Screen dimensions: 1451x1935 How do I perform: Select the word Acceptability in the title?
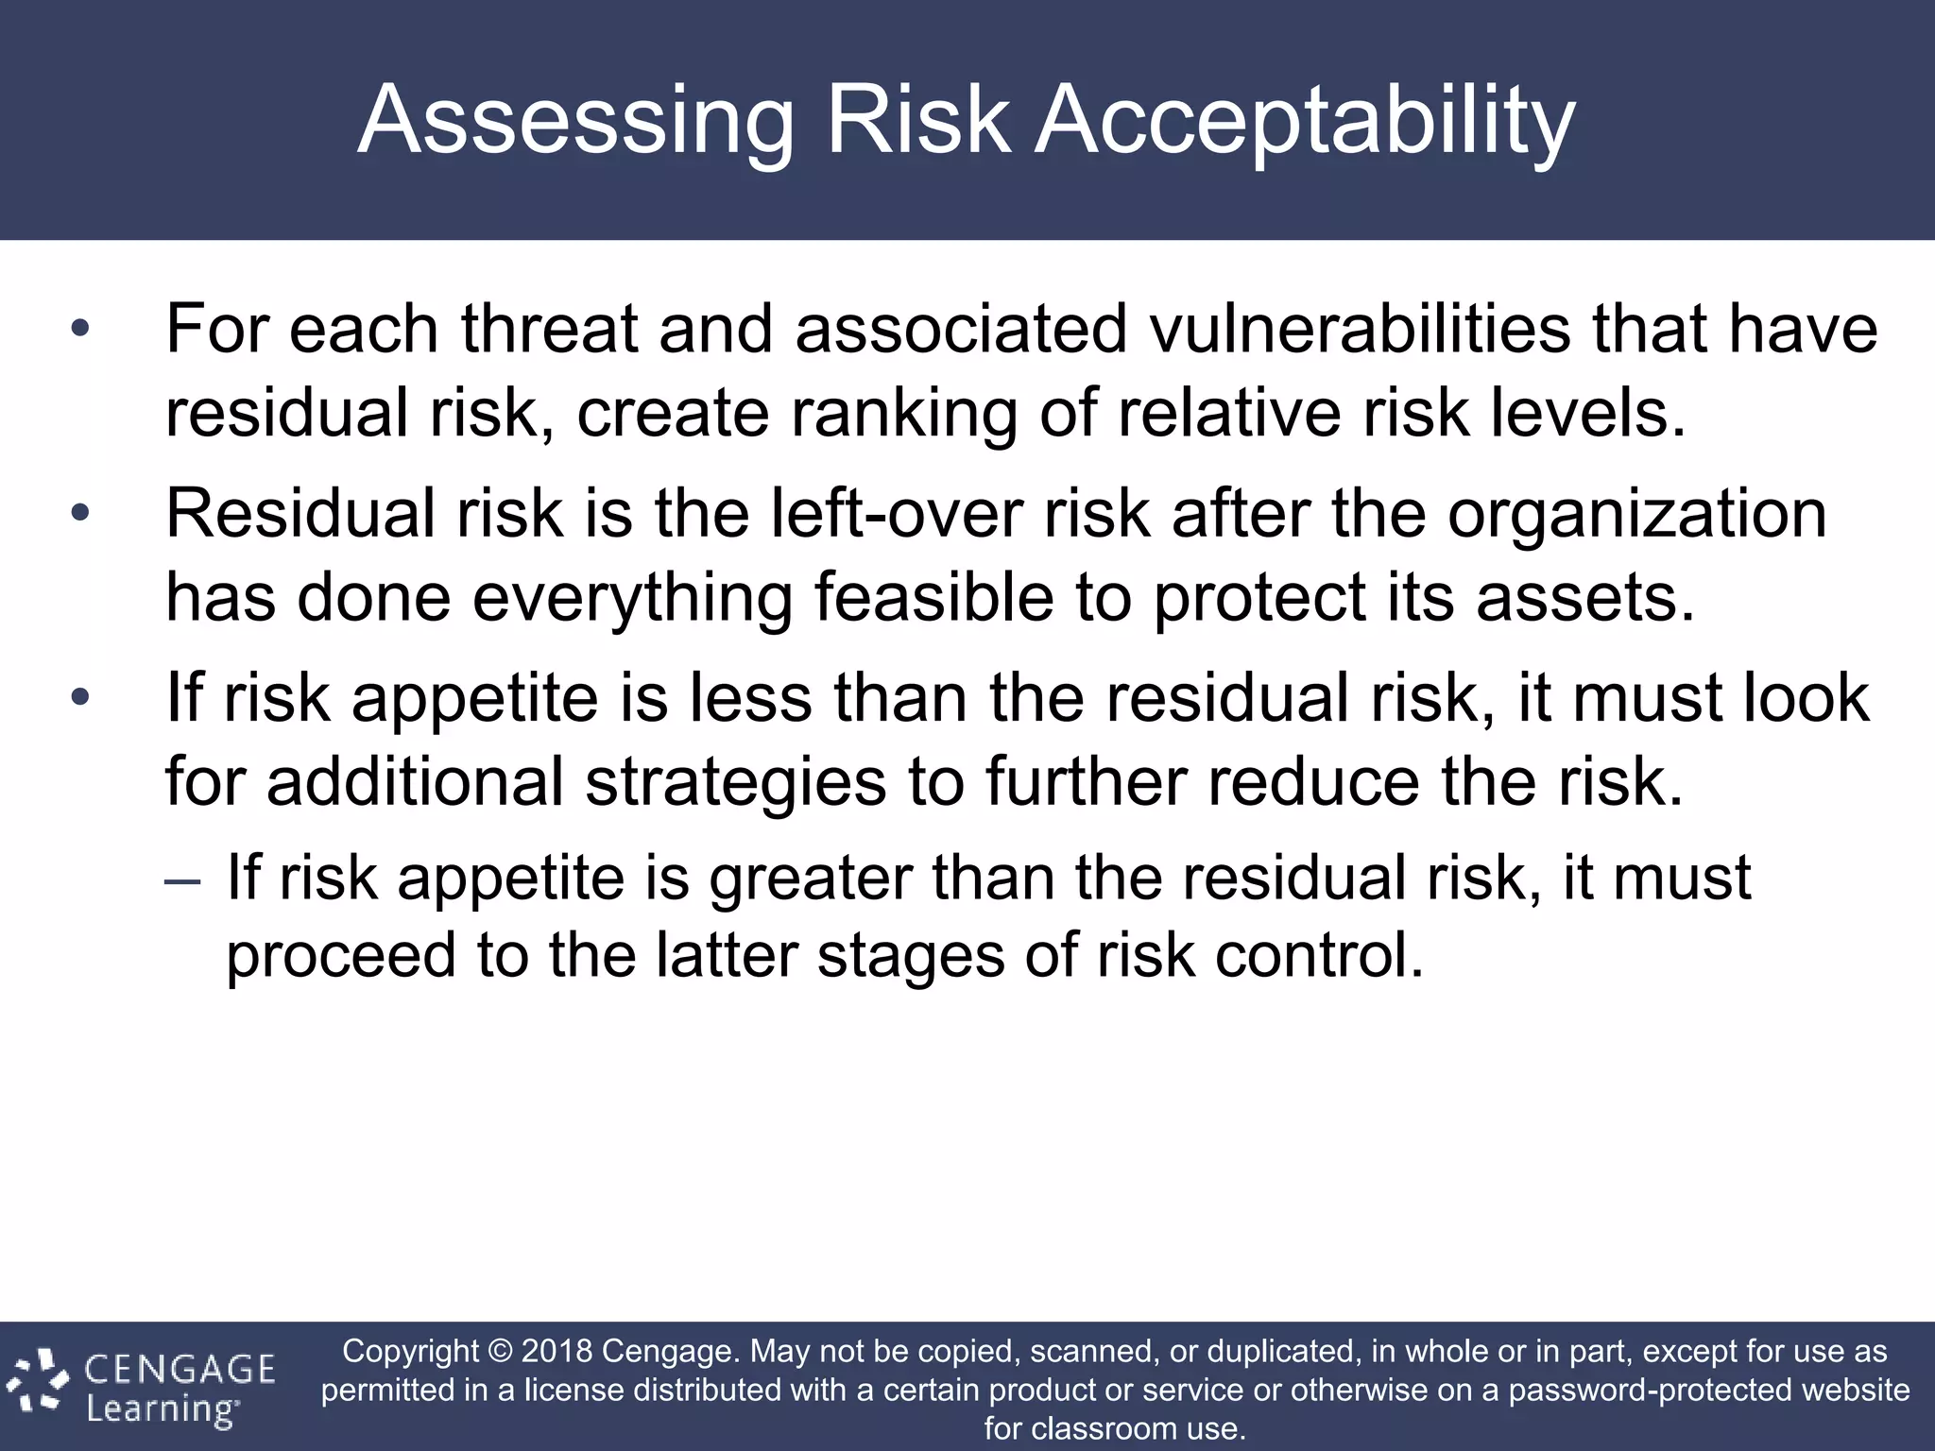(1305, 121)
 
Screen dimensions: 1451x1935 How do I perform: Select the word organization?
(1636, 514)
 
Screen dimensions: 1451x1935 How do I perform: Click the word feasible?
(933, 597)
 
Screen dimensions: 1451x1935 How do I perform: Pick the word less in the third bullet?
(750, 698)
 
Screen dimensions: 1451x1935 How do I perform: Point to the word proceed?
(341, 955)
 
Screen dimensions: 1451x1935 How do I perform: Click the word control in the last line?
(1318, 955)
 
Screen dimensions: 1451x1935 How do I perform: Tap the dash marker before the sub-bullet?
(181, 880)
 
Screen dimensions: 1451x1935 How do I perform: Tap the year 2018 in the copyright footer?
(557, 1351)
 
